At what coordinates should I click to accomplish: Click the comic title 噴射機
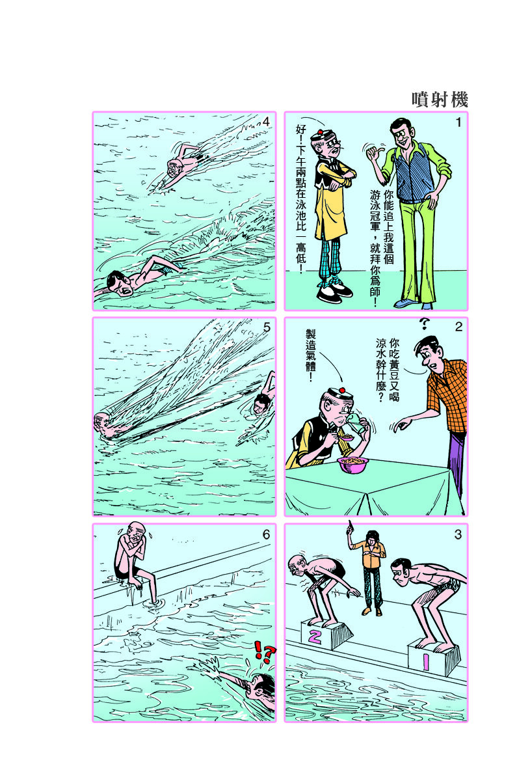pos(440,100)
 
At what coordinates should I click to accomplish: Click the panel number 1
pos(458,122)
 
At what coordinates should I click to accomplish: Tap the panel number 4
pos(266,122)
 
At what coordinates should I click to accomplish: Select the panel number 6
pos(266,534)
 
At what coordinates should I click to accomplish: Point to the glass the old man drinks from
pos(357,422)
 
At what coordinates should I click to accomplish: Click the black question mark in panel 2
pos(424,323)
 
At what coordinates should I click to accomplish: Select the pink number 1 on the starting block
pos(426,661)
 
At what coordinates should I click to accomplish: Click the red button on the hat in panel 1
pos(320,132)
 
